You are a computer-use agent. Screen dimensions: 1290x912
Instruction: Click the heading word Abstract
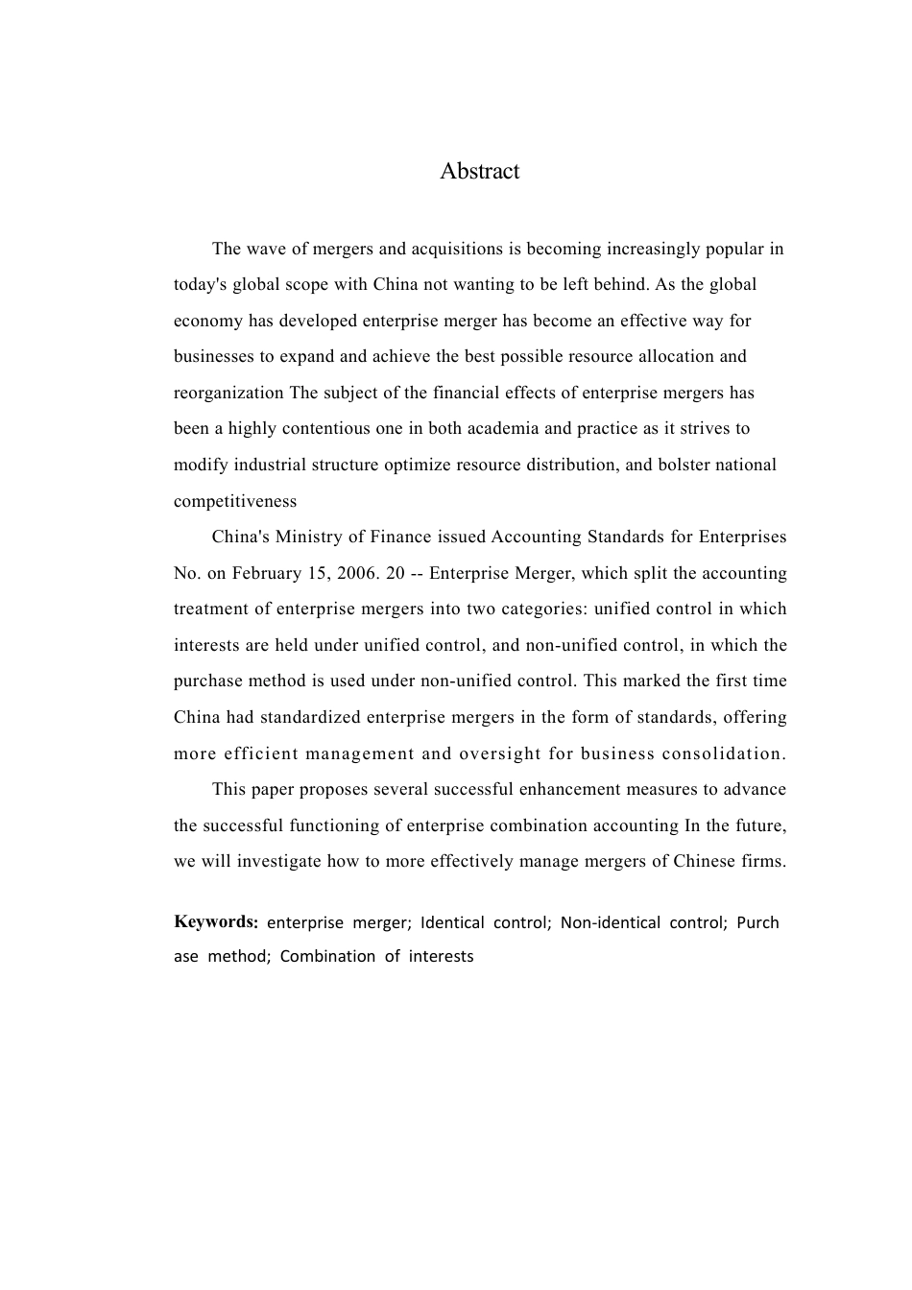pyautogui.click(x=479, y=171)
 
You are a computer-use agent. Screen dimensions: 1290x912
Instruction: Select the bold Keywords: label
pyautogui.click(x=216, y=922)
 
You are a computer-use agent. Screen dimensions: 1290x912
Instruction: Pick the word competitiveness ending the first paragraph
pyautogui.click(x=235, y=501)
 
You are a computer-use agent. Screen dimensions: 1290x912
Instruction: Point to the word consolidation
pyautogui.click(x=724, y=753)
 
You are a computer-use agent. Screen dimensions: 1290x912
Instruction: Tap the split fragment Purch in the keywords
pyautogui.click(x=757, y=923)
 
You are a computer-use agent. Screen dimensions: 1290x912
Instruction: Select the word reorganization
pyautogui.click(x=228, y=394)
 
